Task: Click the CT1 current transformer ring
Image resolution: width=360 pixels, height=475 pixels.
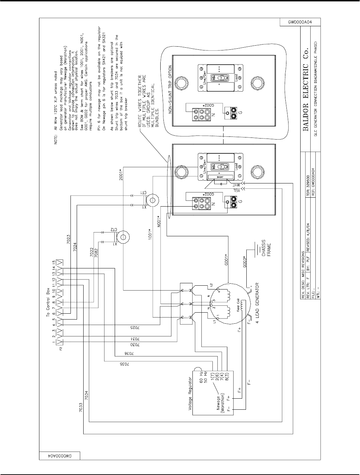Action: (x=151, y=200)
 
